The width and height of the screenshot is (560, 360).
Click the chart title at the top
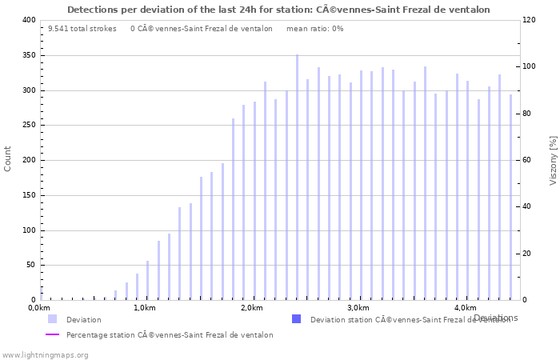tap(278, 10)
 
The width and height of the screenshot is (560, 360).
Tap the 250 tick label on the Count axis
tap(28, 126)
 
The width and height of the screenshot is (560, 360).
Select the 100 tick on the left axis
tap(28, 230)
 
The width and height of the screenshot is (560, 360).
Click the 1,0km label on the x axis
tap(144, 308)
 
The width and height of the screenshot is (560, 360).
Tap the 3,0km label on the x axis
tap(358, 308)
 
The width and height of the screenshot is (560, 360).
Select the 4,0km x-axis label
tap(464, 308)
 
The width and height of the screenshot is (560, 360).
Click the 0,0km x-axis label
tap(39, 308)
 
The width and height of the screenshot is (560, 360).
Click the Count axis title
tap(8, 158)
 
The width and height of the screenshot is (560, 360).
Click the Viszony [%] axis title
tap(553, 160)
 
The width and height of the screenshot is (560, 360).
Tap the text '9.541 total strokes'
tap(82, 28)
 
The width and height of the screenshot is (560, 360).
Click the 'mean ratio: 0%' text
tap(314, 28)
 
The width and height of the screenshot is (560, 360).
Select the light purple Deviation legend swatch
tap(52, 319)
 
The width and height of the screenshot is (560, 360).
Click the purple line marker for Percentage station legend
tap(52, 335)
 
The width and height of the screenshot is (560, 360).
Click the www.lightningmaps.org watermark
tap(45, 354)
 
